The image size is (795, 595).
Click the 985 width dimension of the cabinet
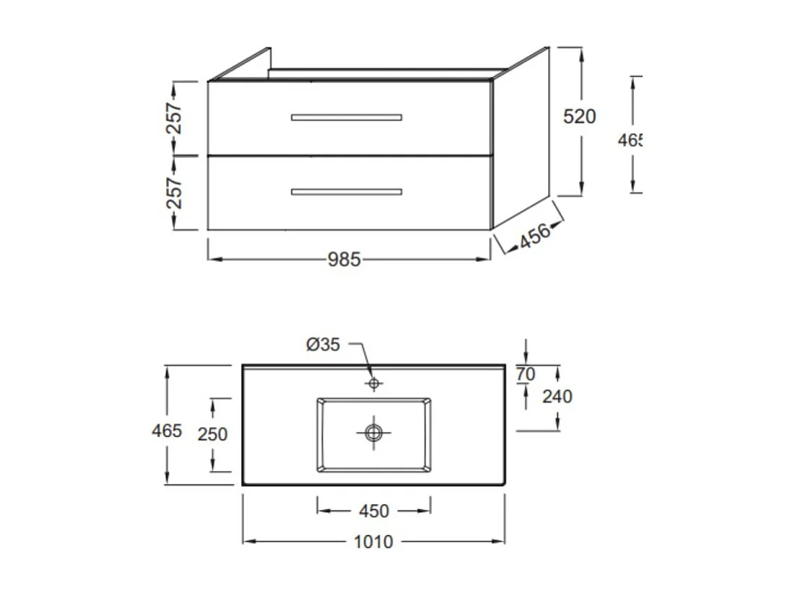click(x=344, y=260)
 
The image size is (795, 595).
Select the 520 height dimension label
click(x=580, y=116)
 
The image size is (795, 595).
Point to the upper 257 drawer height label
click(x=174, y=118)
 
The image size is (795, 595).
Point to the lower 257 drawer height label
click(x=174, y=193)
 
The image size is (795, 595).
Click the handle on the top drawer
click(x=347, y=117)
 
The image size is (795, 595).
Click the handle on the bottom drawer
click(x=347, y=192)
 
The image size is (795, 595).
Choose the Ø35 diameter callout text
click(x=322, y=345)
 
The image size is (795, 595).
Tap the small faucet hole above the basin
click(x=374, y=383)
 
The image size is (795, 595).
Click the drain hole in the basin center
click(x=373, y=433)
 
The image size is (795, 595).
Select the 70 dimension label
click(x=526, y=375)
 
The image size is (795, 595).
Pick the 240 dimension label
click(x=557, y=396)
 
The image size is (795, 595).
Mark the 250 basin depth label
click(x=212, y=434)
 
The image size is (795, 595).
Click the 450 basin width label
click(x=373, y=511)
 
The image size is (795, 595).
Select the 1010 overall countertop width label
click(x=373, y=542)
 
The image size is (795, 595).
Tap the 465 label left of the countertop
click(x=167, y=431)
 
